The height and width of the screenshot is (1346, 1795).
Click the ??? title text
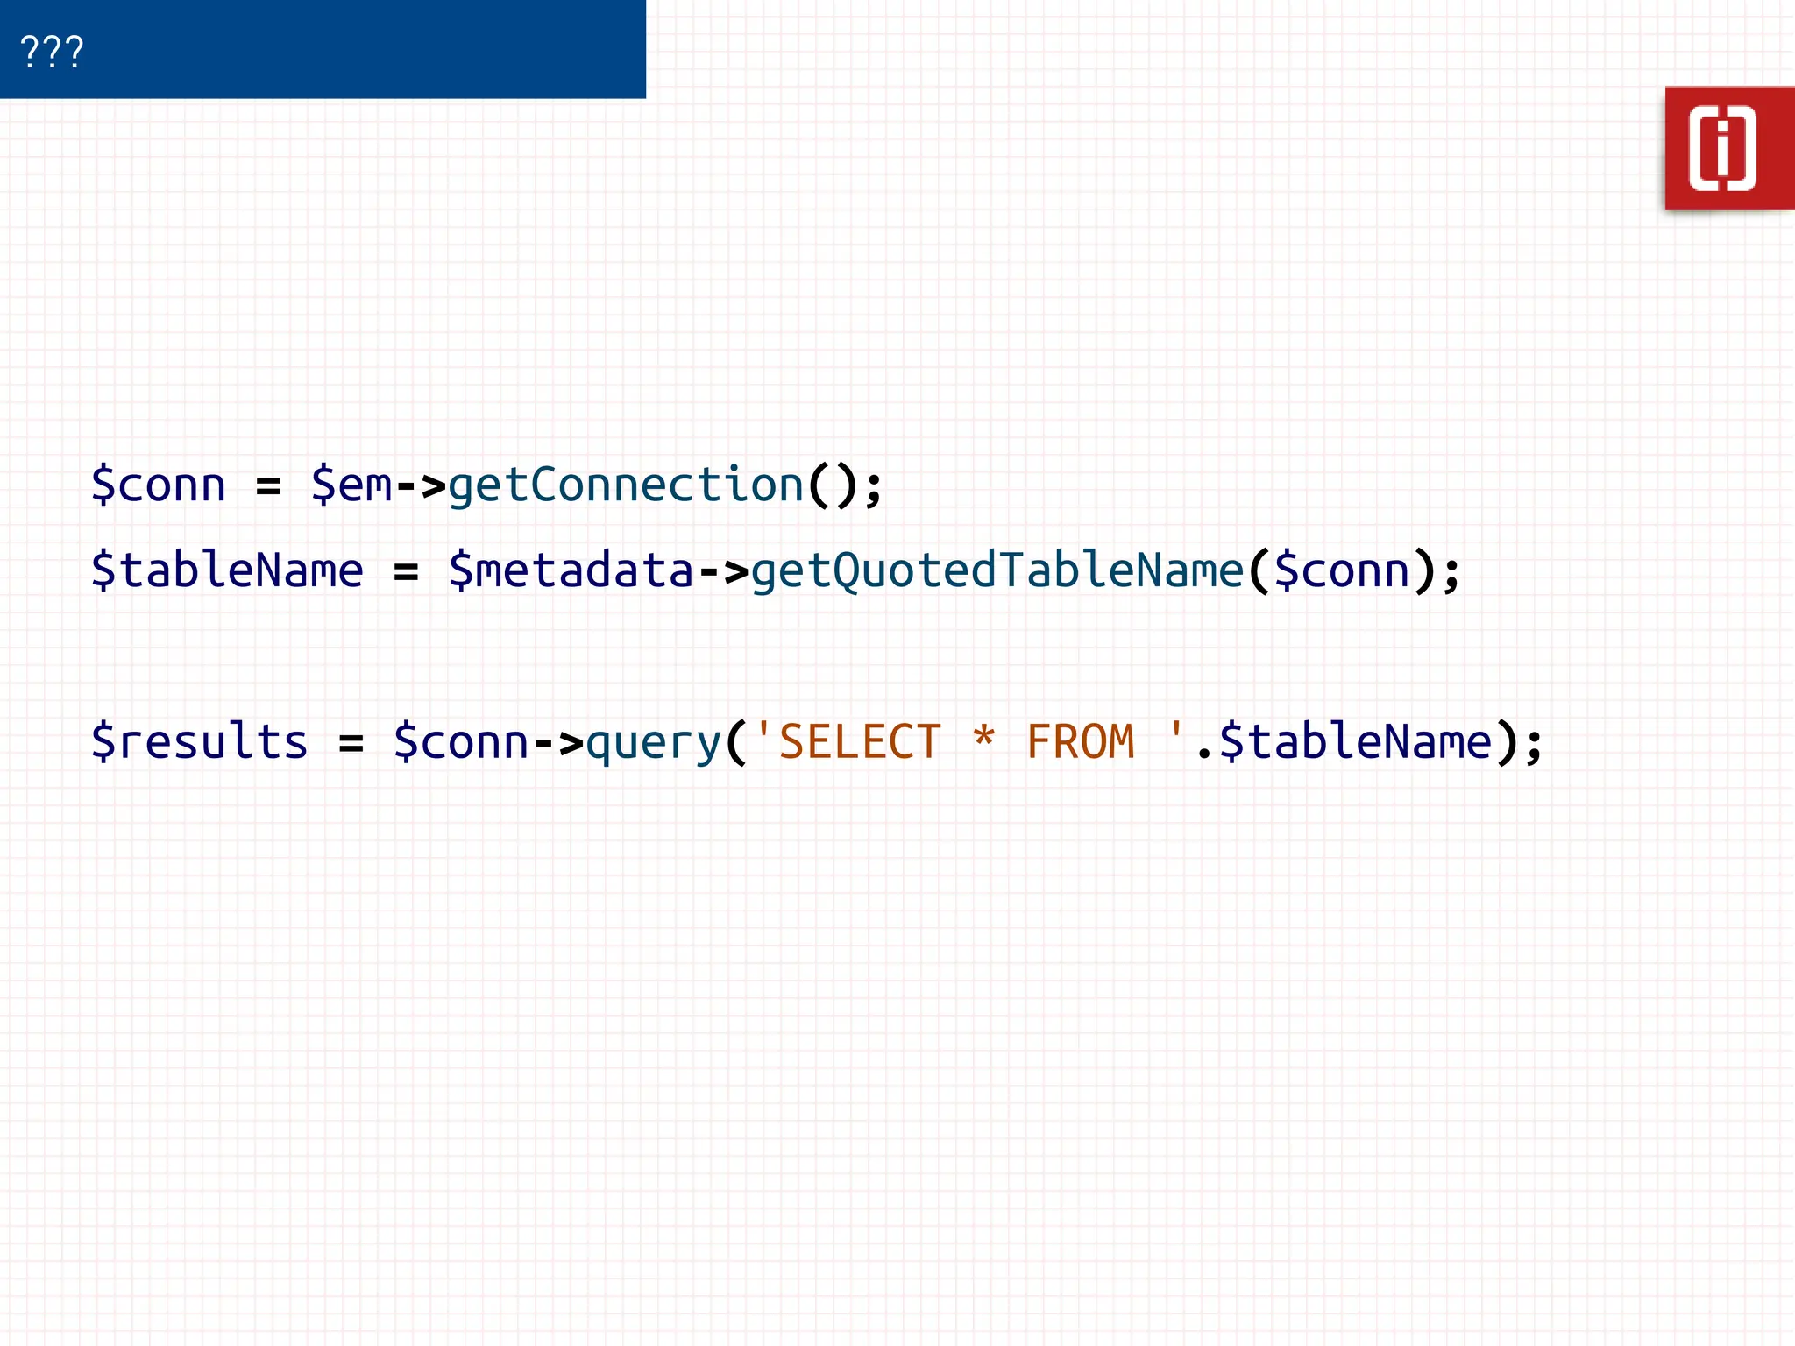(x=52, y=52)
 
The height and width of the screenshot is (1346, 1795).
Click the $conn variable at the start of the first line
(x=159, y=485)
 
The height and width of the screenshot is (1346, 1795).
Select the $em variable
(x=351, y=485)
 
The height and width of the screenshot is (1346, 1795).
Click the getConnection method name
(x=626, y=485)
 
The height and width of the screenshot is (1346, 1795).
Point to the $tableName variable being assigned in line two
(x=227, y=570)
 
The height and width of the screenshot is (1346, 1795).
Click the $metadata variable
(x=571, y=570)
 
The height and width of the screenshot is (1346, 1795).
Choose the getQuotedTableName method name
(x=997, y=570)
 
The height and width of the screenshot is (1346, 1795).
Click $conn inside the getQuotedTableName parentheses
(x=1342, y=570)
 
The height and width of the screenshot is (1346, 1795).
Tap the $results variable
(x=200, y=742)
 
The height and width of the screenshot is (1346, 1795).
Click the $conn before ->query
(x=461, y=742)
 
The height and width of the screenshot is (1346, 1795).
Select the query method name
(x=653, y=742)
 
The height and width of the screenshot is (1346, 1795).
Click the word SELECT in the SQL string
(x=860, y=742)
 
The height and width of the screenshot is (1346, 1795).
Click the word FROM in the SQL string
(x=1081, y=742)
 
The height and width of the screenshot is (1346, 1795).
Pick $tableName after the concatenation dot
(x=1355, y=742)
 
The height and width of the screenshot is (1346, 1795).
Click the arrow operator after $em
(x=421, y=485)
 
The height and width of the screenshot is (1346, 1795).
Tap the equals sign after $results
(x=351, y=743)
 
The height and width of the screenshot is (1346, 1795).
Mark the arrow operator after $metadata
(x=723, y=571)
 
